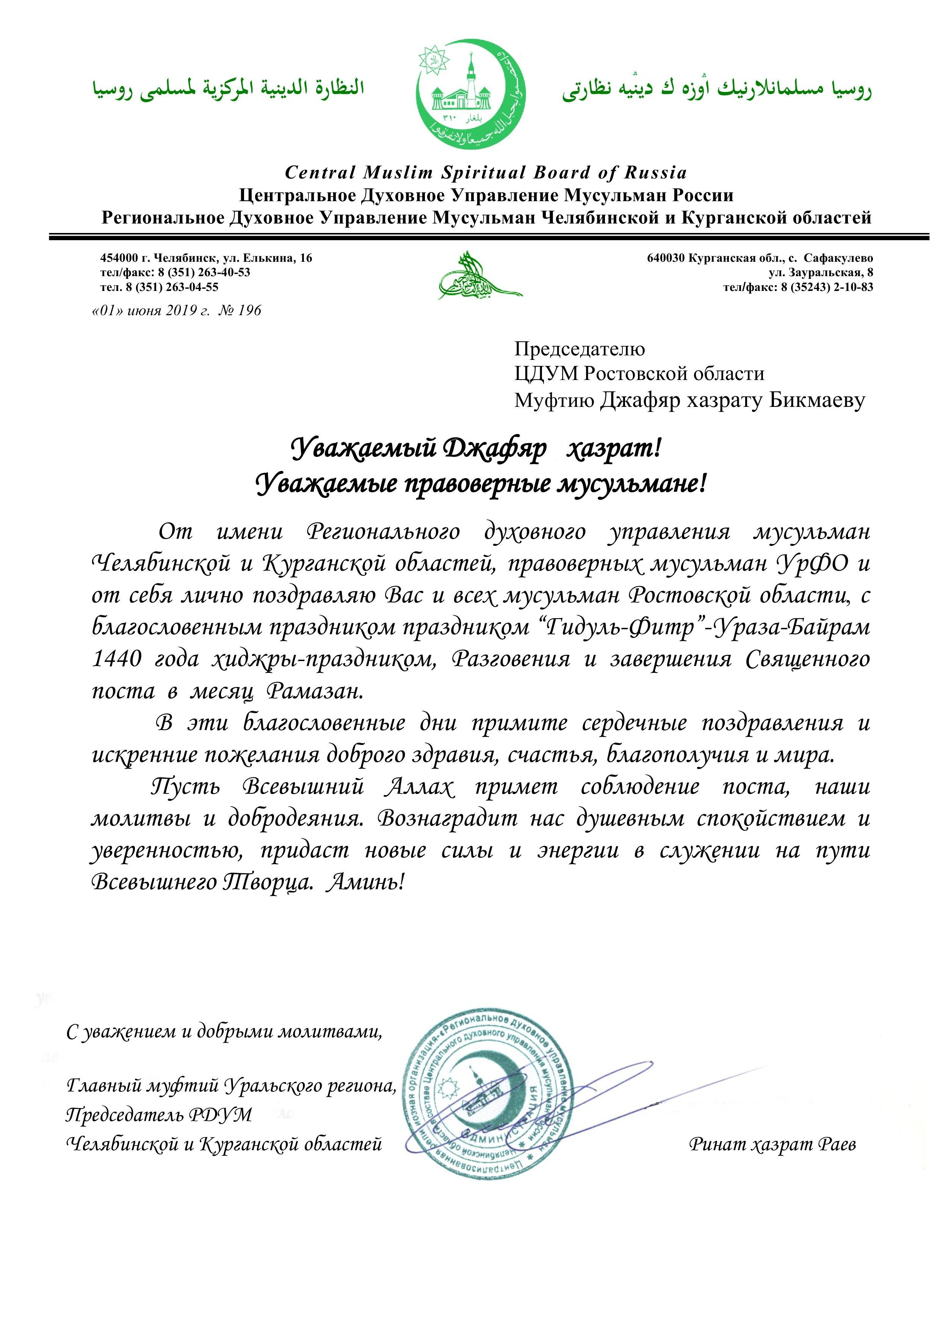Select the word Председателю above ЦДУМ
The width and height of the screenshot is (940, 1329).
coord(579,349)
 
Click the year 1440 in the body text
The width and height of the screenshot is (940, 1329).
coord(113,660)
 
